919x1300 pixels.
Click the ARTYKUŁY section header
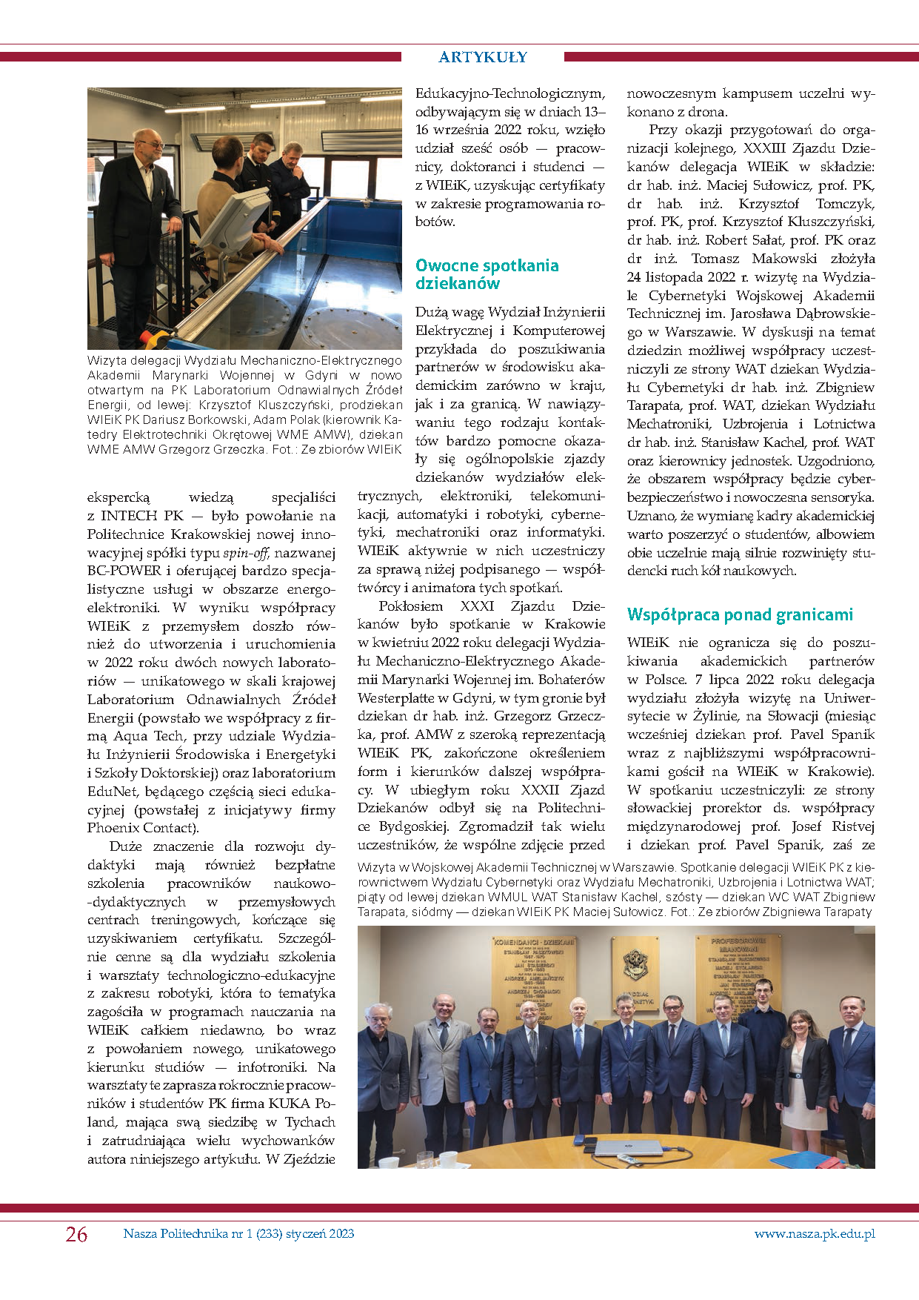pyautogui.click(x=483, y=57)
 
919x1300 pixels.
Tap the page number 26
pyautogui.click(x=76, y=1234)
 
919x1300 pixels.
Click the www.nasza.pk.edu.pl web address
pyautogui.click(x=815, y=1233)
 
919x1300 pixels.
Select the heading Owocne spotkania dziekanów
pyautogui.click(x=487, y=274)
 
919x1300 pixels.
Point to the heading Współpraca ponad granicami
pyautogui.click(x=740, y=614)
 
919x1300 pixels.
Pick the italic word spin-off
pyautogui.click(x=245, y=553)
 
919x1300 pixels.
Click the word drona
pyautogui.click(x=706, y=112)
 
